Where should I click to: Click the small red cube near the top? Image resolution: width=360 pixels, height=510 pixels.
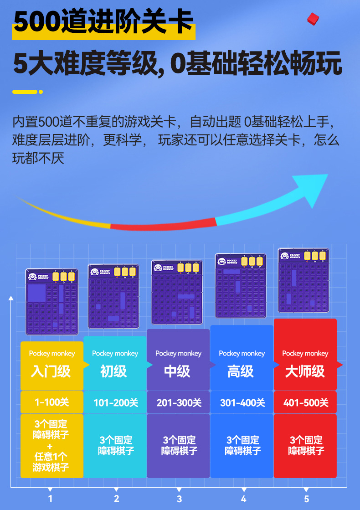pos(313,18)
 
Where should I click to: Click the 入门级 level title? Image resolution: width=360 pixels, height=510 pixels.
pos(51,371)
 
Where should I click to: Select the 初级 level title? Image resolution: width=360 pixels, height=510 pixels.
pos(114,371)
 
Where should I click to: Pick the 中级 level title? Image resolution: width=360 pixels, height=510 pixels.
pos(177,371)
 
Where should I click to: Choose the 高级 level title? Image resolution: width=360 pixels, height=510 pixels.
pos(241,371)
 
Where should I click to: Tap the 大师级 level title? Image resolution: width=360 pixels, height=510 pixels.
pos(305,371)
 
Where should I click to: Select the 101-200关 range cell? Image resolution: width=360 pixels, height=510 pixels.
pos(116,403)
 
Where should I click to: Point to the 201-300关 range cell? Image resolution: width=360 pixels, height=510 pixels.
pos(179,403)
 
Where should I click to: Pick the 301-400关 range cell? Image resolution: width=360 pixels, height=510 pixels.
pos(242,403)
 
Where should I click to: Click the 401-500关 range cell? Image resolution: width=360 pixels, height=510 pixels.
pos(306,403)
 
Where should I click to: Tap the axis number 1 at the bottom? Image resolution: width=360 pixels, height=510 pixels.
pos(50,498)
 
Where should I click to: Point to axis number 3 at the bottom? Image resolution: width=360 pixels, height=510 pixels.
pos(180,499)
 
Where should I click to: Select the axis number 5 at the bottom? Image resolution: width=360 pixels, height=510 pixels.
pos(306,499)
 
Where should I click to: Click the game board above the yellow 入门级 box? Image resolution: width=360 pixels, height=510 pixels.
pos(51,301)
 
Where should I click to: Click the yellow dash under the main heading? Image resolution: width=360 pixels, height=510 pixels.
pos(25,92)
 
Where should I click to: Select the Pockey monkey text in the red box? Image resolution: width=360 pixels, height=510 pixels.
pos(305,353)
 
